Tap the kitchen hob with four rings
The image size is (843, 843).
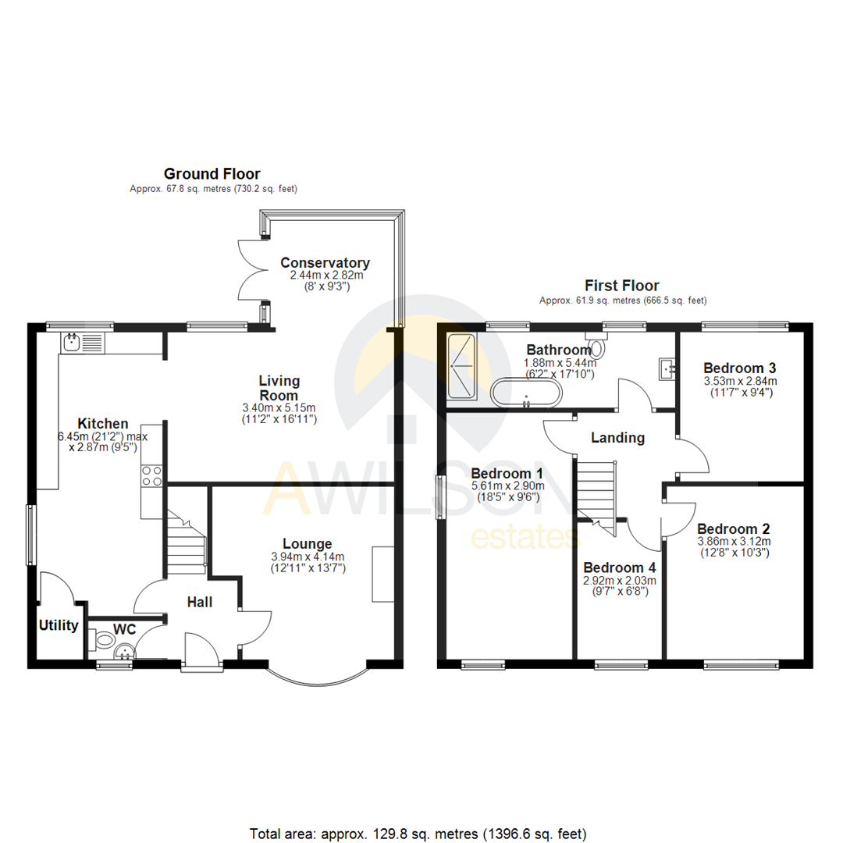pyautogui.click(x=151, y=475)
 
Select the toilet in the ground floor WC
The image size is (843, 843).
pyautogui.click(x=99, y=642)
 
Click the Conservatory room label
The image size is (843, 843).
pyautogui.click(x=325, y=263)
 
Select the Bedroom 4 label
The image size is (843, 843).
pyautogui.click(x=619, y=567)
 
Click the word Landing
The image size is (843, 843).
pyautogui.click(x=617, y=438)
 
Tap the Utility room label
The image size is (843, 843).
pyautogui.click(x=59, y=625)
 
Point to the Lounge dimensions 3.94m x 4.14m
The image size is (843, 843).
pyautogui.click(x=307, y=557)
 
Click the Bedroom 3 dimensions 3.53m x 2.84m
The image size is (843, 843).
pyautogui.click(x=739, y=381)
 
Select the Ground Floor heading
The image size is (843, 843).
pyautogui.click(x=212, y=174)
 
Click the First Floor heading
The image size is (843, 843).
pyautogui.click(x=622, y=286)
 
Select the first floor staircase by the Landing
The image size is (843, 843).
pyautogui.click(x=596, y=491)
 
